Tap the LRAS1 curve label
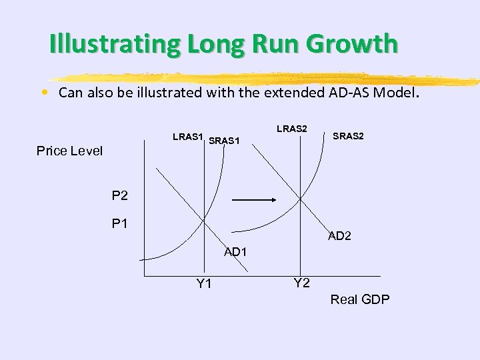pos(187,137)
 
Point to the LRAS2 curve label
pos(291,129)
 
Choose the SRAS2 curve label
pos(348,136)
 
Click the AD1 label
pos(236,252)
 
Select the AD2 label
pos(339,236)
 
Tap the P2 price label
pos(120,196)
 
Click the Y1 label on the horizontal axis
pos(204,285)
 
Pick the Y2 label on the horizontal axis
pos(301,283)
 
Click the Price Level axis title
pos(70,151)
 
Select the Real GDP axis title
pos(360,299)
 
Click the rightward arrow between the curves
pos(254,199)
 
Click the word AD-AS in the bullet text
pos(348,93)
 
